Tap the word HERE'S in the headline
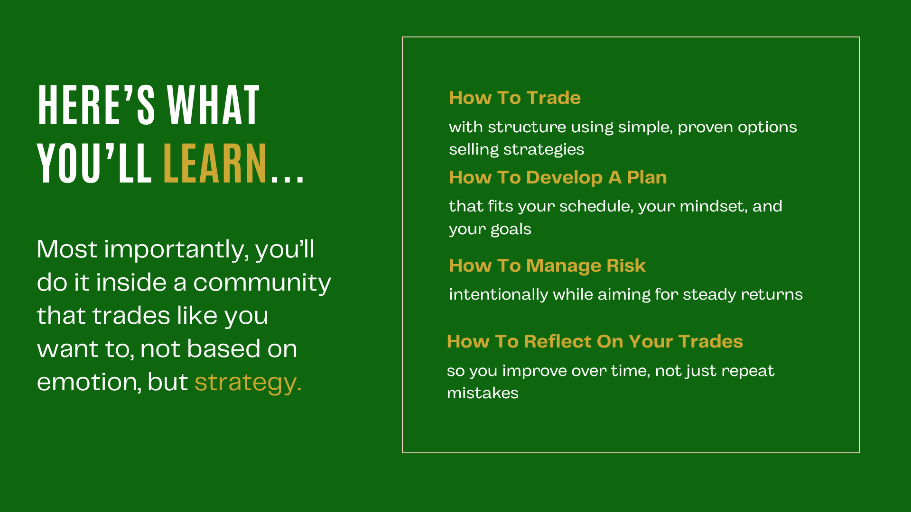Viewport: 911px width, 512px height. point(96,105)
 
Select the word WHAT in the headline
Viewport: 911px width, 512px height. point(214,105)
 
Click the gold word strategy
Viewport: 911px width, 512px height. point(248,382)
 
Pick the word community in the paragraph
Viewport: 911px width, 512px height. point(262,283)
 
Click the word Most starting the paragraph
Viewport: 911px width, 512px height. point(67,249)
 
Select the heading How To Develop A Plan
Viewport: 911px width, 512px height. point(558,177)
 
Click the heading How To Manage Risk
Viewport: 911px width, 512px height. point(547,265)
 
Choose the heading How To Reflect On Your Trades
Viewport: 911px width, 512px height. point(595,341)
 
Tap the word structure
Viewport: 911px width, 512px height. point(527,127)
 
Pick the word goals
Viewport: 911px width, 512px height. point(511,229)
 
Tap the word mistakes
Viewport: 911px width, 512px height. point(483,393)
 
